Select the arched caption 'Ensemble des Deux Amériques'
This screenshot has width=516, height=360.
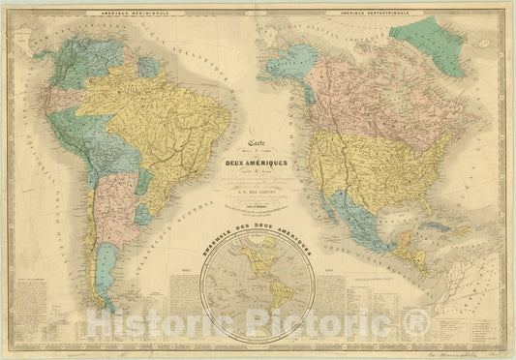pos(258,254)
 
